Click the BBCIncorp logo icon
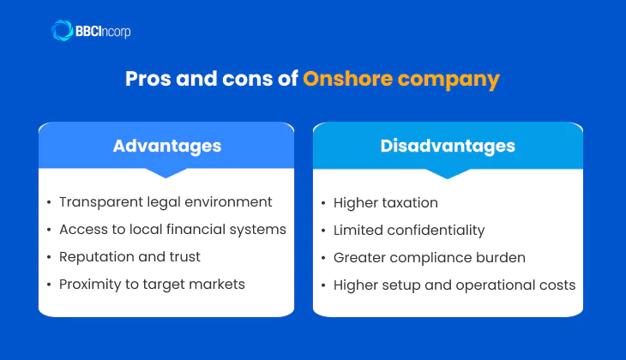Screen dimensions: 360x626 (x=63, y=32)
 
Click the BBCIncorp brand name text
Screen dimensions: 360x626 (x=104, y=32)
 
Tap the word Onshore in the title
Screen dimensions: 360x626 (x=345, y=80)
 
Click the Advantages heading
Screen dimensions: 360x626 (x=166, y=146)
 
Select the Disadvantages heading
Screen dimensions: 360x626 (x=448, y=146)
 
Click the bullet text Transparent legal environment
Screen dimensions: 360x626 (x=166, y=202)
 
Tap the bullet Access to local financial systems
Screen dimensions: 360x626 (x=172, y=230)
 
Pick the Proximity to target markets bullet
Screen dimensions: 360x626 (x=152, y=285)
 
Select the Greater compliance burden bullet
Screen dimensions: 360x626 (x=429, y=258)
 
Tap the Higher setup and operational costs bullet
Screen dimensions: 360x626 (x=454, y=285)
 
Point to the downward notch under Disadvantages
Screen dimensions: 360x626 (x=448, y=173)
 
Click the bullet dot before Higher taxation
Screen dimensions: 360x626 (x=323, y=204)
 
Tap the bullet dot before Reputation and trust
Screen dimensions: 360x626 (x=49, y=258)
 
